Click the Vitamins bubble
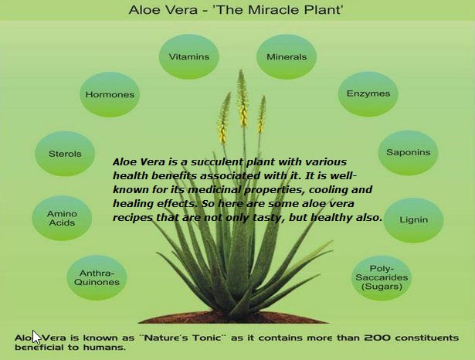coord(189,56)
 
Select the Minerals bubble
coord(287,56)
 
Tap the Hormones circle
coord(110,94)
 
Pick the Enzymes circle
coord(368,94)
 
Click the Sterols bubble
coord(65,154)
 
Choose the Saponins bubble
coord(408,153)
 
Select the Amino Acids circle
coord(62,218)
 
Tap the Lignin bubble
coord(413,220)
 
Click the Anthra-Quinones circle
coord(97,277)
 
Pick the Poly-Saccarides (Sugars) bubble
coord(382,278)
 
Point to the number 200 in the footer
coord(377,338)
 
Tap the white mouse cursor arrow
coord(36,337)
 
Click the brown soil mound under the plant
coord(233,317)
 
